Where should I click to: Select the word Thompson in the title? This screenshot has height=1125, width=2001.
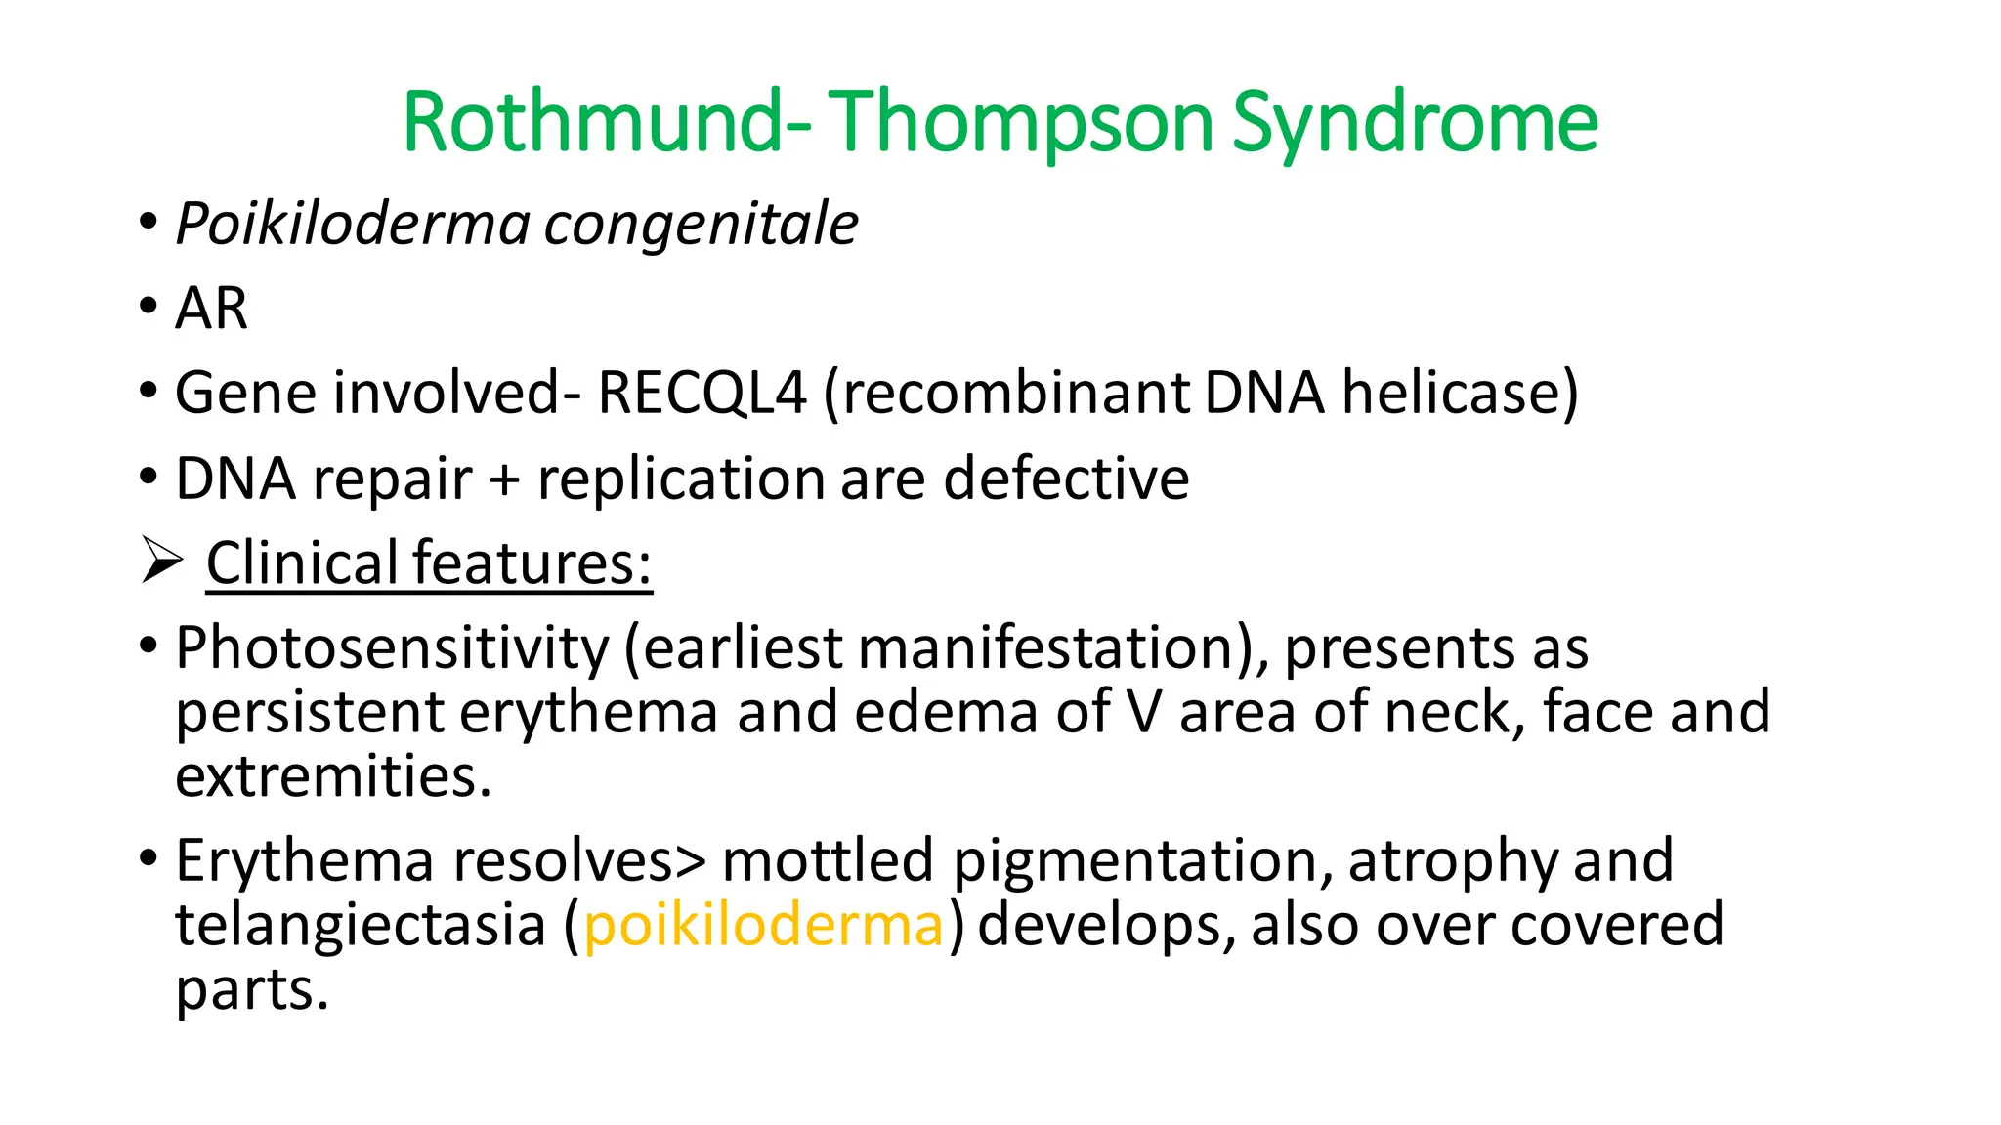click(x=1020, y=124)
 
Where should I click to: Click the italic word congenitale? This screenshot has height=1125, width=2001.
click(x=701, y=225)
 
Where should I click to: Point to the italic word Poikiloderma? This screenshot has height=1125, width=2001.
click(x=353, y=225)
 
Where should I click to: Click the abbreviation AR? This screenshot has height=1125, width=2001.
click(x=211, y=309)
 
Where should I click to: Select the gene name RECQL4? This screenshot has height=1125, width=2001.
click(x=702, y=394)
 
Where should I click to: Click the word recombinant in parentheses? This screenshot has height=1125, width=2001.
click(x=1006, y=394)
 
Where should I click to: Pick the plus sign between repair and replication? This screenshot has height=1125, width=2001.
click(x=504, y=479)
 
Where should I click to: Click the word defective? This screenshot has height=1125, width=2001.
click(x=1066, y=479)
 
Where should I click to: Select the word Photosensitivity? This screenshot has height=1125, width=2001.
click(x=392, y=649)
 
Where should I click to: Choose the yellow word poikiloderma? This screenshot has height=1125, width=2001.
click(x=763, y=926)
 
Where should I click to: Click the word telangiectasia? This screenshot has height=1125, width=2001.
click(x=361, y=925)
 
